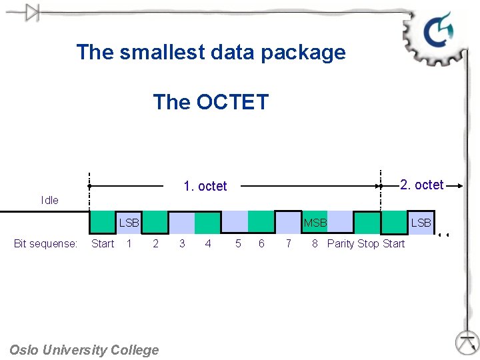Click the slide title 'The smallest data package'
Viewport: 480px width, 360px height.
[x=211, y=52]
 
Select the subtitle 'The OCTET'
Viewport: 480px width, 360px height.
[x=211, y=102]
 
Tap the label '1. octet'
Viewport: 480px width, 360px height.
[x=205, y=186]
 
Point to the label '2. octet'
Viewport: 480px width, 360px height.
[x=421, y=185]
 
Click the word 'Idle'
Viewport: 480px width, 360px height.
[x=49, y=200]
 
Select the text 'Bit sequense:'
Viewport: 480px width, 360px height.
[x=46, y=244]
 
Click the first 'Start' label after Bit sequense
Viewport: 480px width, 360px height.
[x=103, y=244]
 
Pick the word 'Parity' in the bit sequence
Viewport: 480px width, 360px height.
[x=341, y=244]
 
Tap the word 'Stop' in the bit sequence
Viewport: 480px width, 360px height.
[x=368, y=244]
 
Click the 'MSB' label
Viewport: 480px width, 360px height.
[x=315, y=223]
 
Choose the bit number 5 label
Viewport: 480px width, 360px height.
[x=238, y=244]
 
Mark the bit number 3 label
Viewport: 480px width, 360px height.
[x=182, y=244]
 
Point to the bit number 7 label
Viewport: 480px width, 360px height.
[x=288, y=244]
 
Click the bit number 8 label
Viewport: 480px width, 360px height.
[x=315, y=244]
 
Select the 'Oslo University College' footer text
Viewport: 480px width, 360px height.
[x=85, y=350]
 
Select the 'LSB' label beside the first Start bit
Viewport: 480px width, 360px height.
[x=129, y=223]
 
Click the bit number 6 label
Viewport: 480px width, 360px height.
[x=261, y=244]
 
